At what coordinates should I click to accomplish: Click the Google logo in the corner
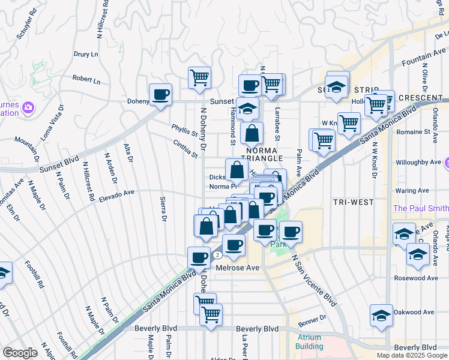20,353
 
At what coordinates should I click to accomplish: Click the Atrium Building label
309,341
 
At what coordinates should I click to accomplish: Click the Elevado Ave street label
116,194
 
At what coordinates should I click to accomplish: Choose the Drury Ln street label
86,54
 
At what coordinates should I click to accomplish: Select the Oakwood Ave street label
414,312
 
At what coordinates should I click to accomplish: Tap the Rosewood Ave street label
416,278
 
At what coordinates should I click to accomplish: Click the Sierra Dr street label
163,209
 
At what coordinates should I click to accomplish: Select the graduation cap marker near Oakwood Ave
381,316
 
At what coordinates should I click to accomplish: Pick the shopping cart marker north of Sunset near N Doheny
199,77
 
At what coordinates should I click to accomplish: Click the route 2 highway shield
214,254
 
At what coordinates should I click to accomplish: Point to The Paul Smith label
420,208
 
